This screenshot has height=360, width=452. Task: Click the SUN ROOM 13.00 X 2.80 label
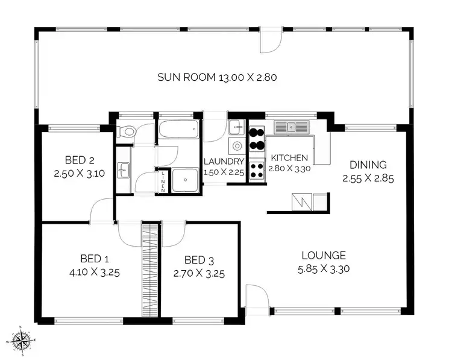tap(217, 77)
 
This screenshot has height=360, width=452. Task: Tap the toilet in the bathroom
tap(127, 131)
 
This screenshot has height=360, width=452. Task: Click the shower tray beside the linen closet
tap(185, 180)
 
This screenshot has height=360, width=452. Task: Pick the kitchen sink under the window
tap(292, 127)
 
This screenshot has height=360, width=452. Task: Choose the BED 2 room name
tap(78, 160)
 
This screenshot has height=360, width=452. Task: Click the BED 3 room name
tap(199, 261)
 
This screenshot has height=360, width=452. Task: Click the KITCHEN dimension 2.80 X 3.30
tap(289, 169)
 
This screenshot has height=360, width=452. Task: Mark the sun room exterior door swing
tap(271, 40)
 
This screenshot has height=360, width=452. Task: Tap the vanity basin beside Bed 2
tap(124, 171)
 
